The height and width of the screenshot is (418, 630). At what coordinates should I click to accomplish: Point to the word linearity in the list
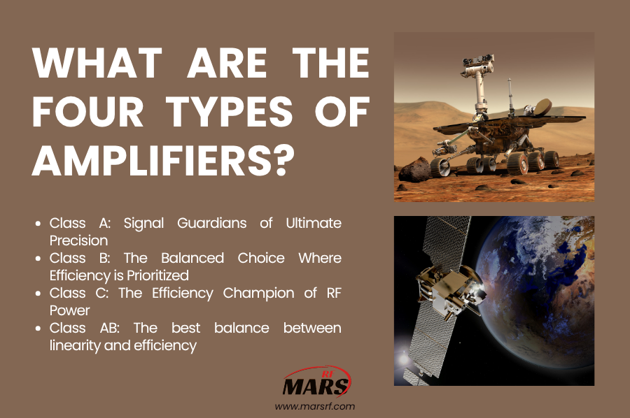pyautogui.click(x=78, y=345)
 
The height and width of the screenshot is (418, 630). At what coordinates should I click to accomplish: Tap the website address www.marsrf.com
pyautogui.click(x=315, y=406)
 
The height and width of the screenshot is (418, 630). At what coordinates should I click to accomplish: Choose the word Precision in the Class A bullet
pyautogui.click(x=78, y=240)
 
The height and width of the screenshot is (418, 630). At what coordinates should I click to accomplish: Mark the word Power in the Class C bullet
pyautogui.click(x=69, y=310)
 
